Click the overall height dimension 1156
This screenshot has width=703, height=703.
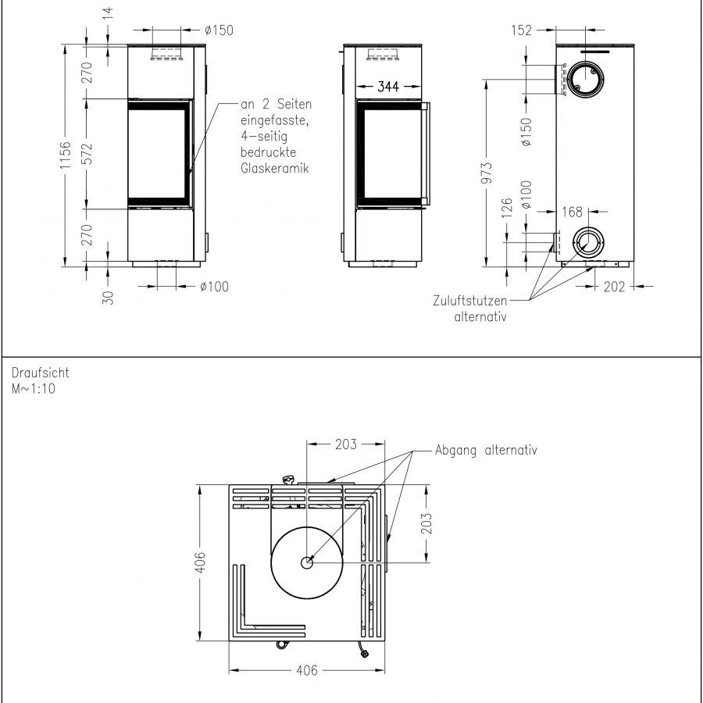coord(66,155)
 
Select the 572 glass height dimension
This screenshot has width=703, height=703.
coord(87,154)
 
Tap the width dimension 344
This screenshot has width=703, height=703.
coord(387,87)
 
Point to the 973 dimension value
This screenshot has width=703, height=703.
coord(487,173)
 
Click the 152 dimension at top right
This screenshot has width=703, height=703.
coord(522,30)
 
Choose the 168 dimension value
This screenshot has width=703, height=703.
coord(572,212)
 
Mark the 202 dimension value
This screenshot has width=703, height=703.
coord(614,287)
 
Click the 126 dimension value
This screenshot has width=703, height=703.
coord(507,208)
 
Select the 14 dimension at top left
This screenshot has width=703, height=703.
coord(108,13)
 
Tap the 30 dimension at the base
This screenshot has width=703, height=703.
coord(108,298)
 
